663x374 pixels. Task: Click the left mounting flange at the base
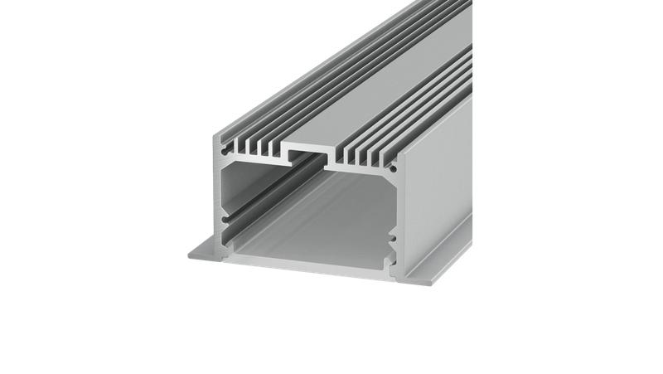(203, 250)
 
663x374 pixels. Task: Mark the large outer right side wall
(435, 182)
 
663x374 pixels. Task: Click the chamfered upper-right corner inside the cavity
(381, 175)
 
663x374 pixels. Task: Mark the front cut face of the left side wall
(220, 199)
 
